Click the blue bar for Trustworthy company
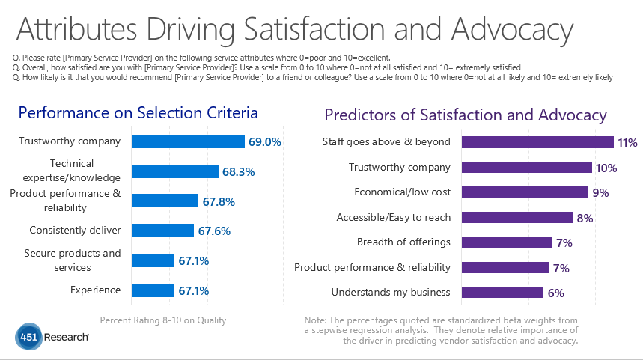point(188,141)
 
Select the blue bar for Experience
point(153,290)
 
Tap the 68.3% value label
point(240,171)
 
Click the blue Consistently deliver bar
point(162,231)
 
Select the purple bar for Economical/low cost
point(525,192)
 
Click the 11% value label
point(627,142)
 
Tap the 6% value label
point(555,293)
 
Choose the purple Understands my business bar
point(502,292)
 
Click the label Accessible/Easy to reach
point(393,217)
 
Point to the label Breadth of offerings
point(403,242)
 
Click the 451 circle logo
point(29,337)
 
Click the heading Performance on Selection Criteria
point(138,113)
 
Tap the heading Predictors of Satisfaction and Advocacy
point(465,115)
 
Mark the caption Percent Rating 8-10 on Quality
point(162,320)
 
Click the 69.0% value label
point(266,141)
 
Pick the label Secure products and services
point(73,260)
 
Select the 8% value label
point(585,218)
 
